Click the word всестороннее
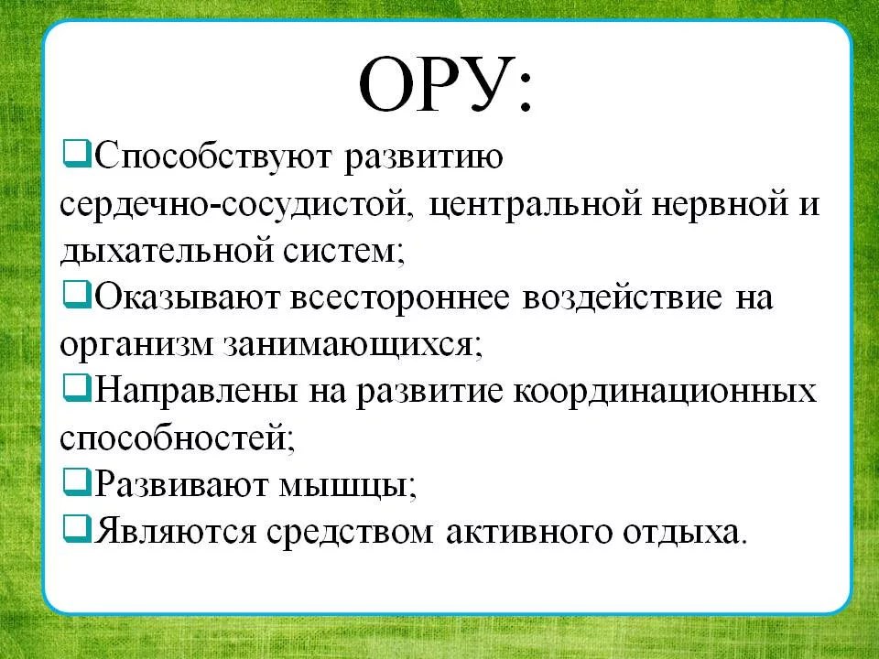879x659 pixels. point(400,297)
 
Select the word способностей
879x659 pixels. point(177,438)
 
